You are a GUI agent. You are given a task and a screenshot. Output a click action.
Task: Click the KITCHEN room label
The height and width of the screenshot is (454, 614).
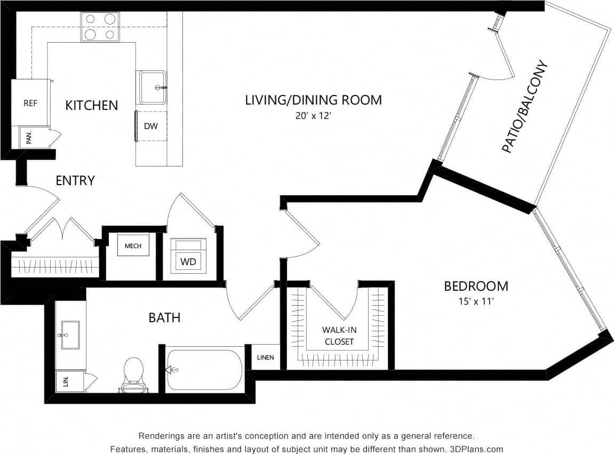[91, 105]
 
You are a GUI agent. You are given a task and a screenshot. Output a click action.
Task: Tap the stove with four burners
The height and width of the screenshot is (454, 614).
[100, 27]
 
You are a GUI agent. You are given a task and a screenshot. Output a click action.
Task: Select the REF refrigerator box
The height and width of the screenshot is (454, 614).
[30, 103]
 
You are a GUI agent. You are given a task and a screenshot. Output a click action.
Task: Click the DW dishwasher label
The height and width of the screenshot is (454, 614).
[150, 126]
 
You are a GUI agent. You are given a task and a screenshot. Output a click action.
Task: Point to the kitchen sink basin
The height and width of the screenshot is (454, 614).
[153, 87]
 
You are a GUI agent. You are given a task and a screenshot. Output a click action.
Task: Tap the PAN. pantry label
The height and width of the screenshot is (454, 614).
[29, 138]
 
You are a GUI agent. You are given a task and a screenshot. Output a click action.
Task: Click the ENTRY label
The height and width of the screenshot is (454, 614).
[75, 181]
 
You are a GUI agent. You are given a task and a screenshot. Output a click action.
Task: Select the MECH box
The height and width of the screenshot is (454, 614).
[133, 245]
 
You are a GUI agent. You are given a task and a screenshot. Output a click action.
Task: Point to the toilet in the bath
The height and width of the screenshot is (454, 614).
[133, 373]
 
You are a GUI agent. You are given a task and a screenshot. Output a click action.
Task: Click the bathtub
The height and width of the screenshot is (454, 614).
[204, 370]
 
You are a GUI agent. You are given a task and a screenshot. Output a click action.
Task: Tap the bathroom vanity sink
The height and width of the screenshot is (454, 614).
[70, 335]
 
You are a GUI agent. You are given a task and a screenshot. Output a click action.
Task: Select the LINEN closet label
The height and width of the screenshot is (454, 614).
[265, 357]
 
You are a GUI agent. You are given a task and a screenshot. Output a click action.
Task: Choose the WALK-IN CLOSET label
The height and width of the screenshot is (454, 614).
[339, 336]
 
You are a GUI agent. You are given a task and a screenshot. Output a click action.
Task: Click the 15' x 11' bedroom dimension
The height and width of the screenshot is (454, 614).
[476, 301]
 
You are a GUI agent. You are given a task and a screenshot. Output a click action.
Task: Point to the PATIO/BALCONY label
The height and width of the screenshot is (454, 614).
[525, 107]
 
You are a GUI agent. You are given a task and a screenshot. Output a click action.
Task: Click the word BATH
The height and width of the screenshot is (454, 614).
[164, 318]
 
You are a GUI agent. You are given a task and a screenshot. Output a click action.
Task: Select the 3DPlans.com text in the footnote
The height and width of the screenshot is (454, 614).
[475, 449]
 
